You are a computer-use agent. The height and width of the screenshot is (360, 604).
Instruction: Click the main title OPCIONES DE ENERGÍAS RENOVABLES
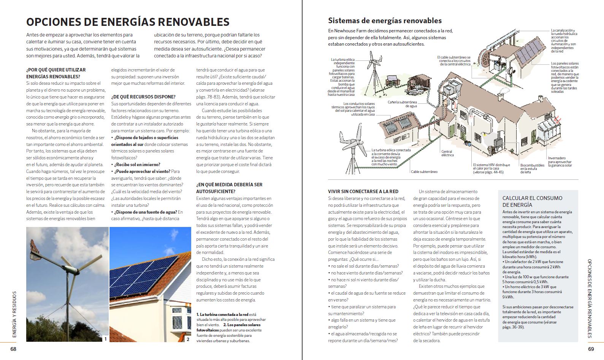click(128, 22)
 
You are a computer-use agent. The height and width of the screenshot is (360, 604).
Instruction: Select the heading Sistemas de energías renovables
click(385, 21)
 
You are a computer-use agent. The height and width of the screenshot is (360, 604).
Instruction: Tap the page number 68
click(13, 349)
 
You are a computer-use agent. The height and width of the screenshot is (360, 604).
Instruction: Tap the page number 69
click(591, 349)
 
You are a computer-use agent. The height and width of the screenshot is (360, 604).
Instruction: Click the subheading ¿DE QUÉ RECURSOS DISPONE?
click(143, 97)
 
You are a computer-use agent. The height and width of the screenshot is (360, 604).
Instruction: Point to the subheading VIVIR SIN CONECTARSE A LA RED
click(363, 192)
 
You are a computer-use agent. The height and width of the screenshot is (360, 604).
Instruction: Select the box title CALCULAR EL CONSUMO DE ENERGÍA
click(532, 201)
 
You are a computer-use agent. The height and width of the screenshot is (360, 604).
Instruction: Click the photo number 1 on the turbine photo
click(105, 339)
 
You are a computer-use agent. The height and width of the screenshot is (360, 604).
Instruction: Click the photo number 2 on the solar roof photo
click(188, 339)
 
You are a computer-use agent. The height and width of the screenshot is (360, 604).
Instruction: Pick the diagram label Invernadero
click(557, 158)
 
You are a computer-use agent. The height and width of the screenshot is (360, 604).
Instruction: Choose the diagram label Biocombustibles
click(532, 165)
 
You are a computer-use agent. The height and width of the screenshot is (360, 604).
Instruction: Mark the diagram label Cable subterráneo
click(424, 172)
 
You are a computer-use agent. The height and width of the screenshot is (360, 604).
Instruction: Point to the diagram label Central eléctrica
click(447, 153)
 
